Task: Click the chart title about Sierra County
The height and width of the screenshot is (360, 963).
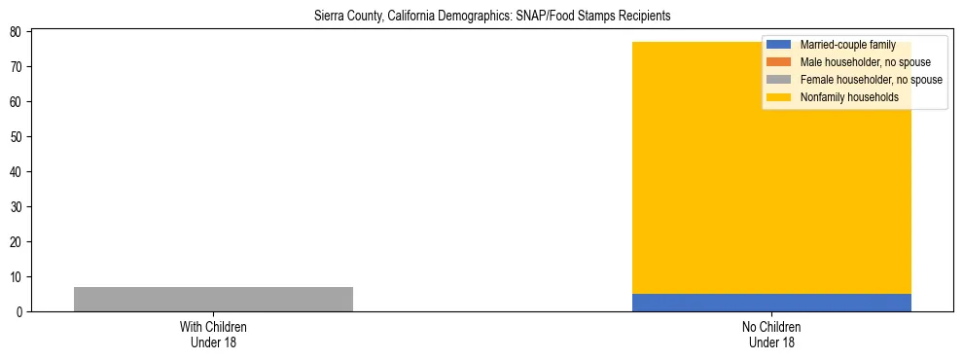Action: click(x=492, y=17)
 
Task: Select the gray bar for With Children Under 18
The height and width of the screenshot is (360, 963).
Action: click(x=213, y=299)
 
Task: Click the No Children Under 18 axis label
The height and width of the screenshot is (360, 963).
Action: click(x=771, y=334)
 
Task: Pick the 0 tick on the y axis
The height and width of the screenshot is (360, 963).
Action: click(x=19, y=311)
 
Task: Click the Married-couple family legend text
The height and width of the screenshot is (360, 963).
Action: click(x=847, y=45)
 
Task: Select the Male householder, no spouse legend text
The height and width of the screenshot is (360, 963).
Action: click(x=865, y=62)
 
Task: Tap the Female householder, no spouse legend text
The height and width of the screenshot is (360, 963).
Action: click(x=871, y=80)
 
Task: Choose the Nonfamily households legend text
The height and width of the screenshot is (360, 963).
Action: click(x=849, y=97)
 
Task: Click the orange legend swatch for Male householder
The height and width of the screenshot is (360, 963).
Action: click(x=778, y=62)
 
